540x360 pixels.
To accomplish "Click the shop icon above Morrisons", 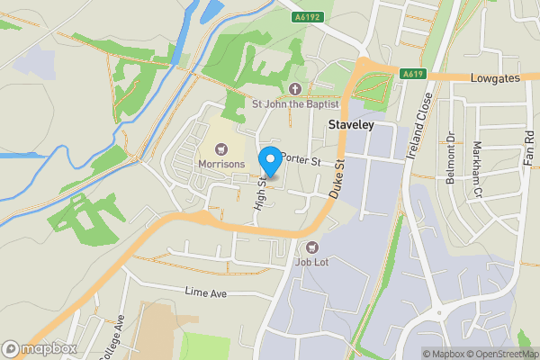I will (x=220, y=148).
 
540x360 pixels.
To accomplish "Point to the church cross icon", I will (x=295, y=87).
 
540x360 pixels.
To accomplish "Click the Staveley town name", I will (x=351, y=126).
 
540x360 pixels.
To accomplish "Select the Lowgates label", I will (x=495, y=79).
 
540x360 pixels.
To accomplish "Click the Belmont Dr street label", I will (x=451, y=160).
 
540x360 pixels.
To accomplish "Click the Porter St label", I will (x=301, y=158).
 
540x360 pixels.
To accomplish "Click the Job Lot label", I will (x=311, y=263).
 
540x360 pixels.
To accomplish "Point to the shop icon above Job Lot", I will (x=311, y=247).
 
